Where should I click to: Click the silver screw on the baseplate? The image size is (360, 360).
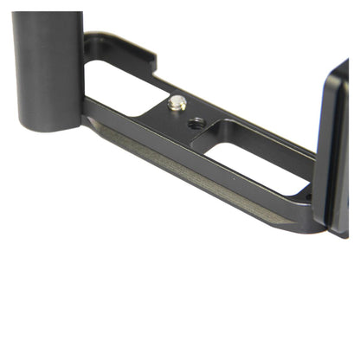177,103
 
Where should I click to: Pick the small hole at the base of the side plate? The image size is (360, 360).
306,198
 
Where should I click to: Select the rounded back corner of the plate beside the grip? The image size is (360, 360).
91,39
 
